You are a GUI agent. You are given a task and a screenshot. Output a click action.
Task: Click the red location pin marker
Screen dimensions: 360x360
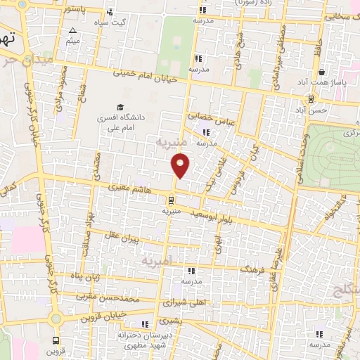tap(181, 166)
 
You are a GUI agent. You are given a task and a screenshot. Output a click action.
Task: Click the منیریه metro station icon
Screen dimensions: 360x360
tap(172, 199)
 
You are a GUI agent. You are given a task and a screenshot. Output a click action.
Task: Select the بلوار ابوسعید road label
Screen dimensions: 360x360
tap(216, 217)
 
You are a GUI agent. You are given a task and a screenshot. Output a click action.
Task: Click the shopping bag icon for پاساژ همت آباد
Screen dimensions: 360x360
tap(321, 71)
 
